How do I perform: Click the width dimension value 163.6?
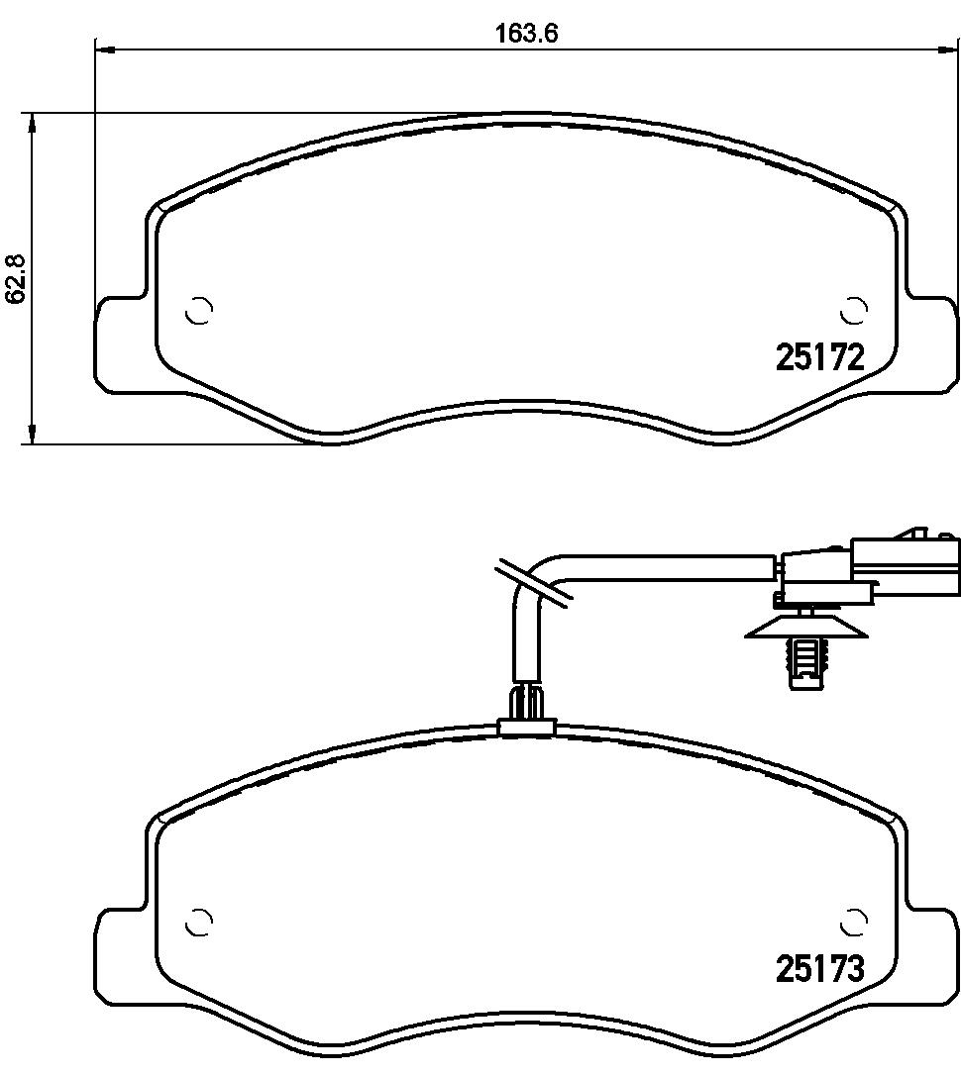[527, 33]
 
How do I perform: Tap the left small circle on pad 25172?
[200, 311]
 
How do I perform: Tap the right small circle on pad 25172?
[852, 311]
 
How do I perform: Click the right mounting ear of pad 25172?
[931, 342]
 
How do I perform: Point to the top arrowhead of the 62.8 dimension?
[34, 121]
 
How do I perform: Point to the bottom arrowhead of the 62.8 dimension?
[34, 435]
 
